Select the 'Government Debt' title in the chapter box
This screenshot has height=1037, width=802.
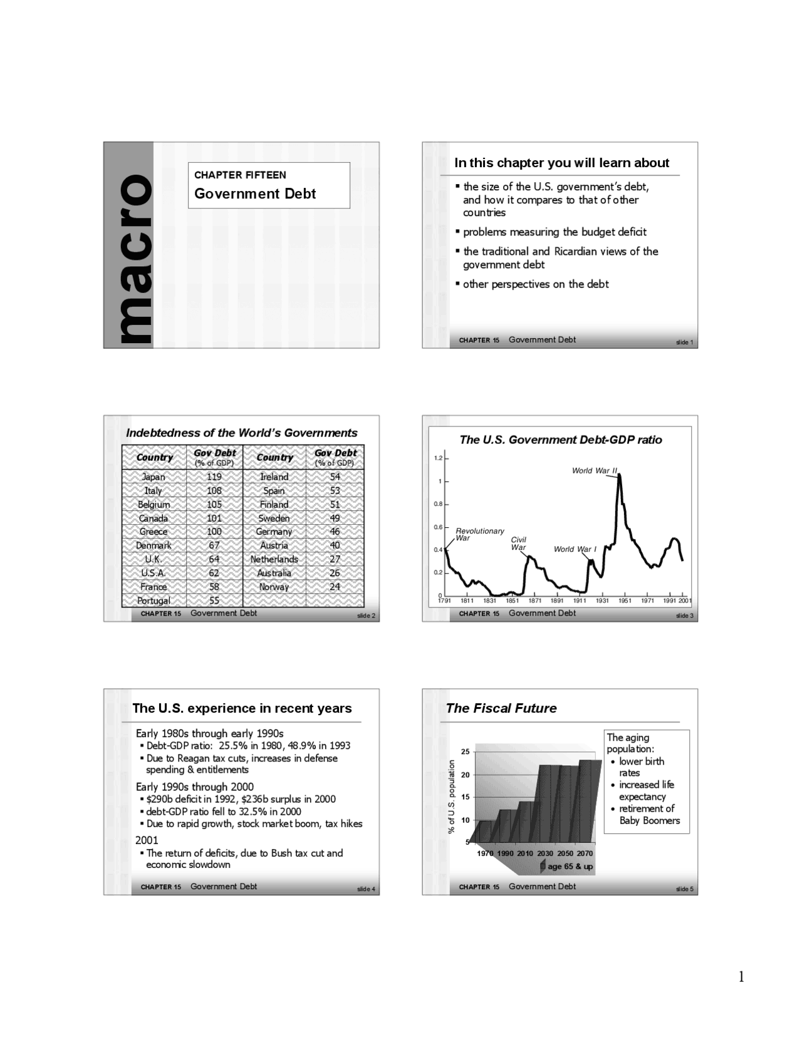pyautogui.click(x=255, y=193)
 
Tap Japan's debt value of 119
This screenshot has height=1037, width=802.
pyautogui.click(x=214, y=477)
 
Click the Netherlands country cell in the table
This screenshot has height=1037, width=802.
pyautogui.click(x=274, y=559)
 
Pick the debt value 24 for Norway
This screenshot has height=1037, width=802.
pyautogui.click(x=335, y=587)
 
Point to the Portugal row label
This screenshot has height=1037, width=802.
pyautogui.click(x=154, y=601)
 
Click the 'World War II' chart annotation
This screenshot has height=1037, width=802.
pyautogui.click(x=595, y=470)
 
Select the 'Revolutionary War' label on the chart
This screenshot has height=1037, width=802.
pyautogui.click(x=479, y=534)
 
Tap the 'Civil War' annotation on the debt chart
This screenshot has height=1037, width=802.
pyautogui.click(x=518, y=544)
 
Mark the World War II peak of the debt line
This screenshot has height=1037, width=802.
pyautogui.click(x=619, y=475)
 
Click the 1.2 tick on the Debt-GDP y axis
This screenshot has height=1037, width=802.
pyautogui.click(x=438, y=458)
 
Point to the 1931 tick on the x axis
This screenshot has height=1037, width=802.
pyautogui.click(x=602, y=601)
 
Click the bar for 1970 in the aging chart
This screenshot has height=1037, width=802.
pyautogui.click(x=484, y=831)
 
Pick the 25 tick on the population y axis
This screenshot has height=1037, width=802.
pyautogui.click(x=465, y=751)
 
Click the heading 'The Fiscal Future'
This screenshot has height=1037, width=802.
pyautogui.click(x=501, y=708)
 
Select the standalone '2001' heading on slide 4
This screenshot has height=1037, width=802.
pyautogui.click(x=147, y=840)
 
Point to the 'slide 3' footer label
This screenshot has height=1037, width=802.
pyautogui.click(x=684, y=616)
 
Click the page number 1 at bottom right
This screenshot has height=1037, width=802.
pyautogui.click(x=741, y=977)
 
